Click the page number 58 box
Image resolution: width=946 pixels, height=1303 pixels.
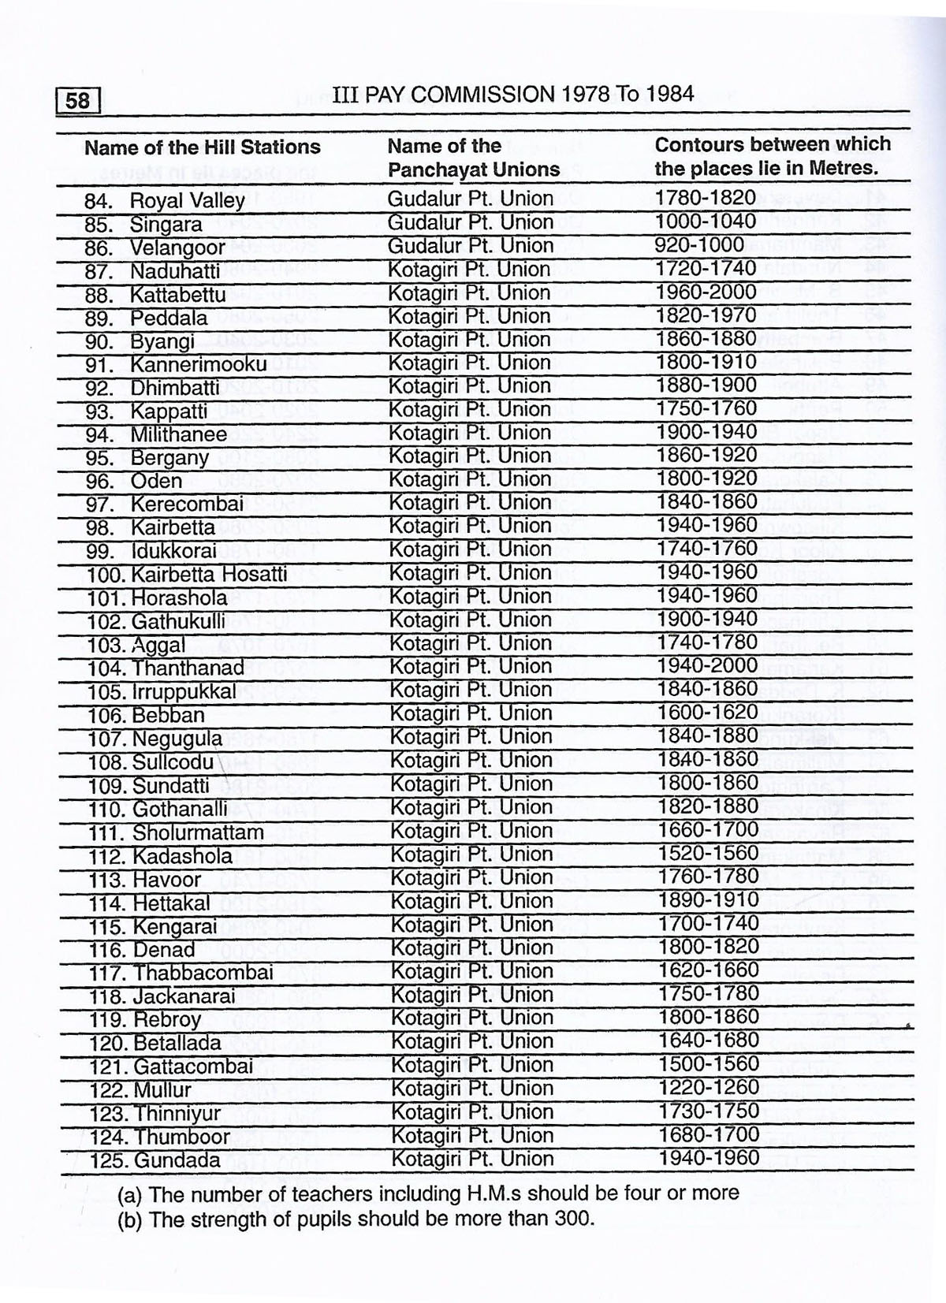tap(78, 101)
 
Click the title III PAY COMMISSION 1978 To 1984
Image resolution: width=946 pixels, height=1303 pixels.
tap(513, 95)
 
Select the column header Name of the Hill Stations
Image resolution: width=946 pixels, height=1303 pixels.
tap(202, 147)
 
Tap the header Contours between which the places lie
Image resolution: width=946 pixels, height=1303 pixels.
tap(772, 156)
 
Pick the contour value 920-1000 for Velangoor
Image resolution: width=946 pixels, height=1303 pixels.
tap(699, 245)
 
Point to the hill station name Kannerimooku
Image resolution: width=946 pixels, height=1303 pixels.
tap(198, 365)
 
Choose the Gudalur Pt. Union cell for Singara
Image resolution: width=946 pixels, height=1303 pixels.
tap(470, 222)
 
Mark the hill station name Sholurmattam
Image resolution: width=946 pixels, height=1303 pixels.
tap(198, 832)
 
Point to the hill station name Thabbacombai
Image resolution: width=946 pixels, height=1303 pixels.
tap(203, 973)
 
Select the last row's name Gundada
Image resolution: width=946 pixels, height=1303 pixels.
tap(177, 1160)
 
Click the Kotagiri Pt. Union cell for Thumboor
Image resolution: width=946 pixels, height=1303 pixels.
tap(472, 1135)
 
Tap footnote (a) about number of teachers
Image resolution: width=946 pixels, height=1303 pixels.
tap(428, 1193)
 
